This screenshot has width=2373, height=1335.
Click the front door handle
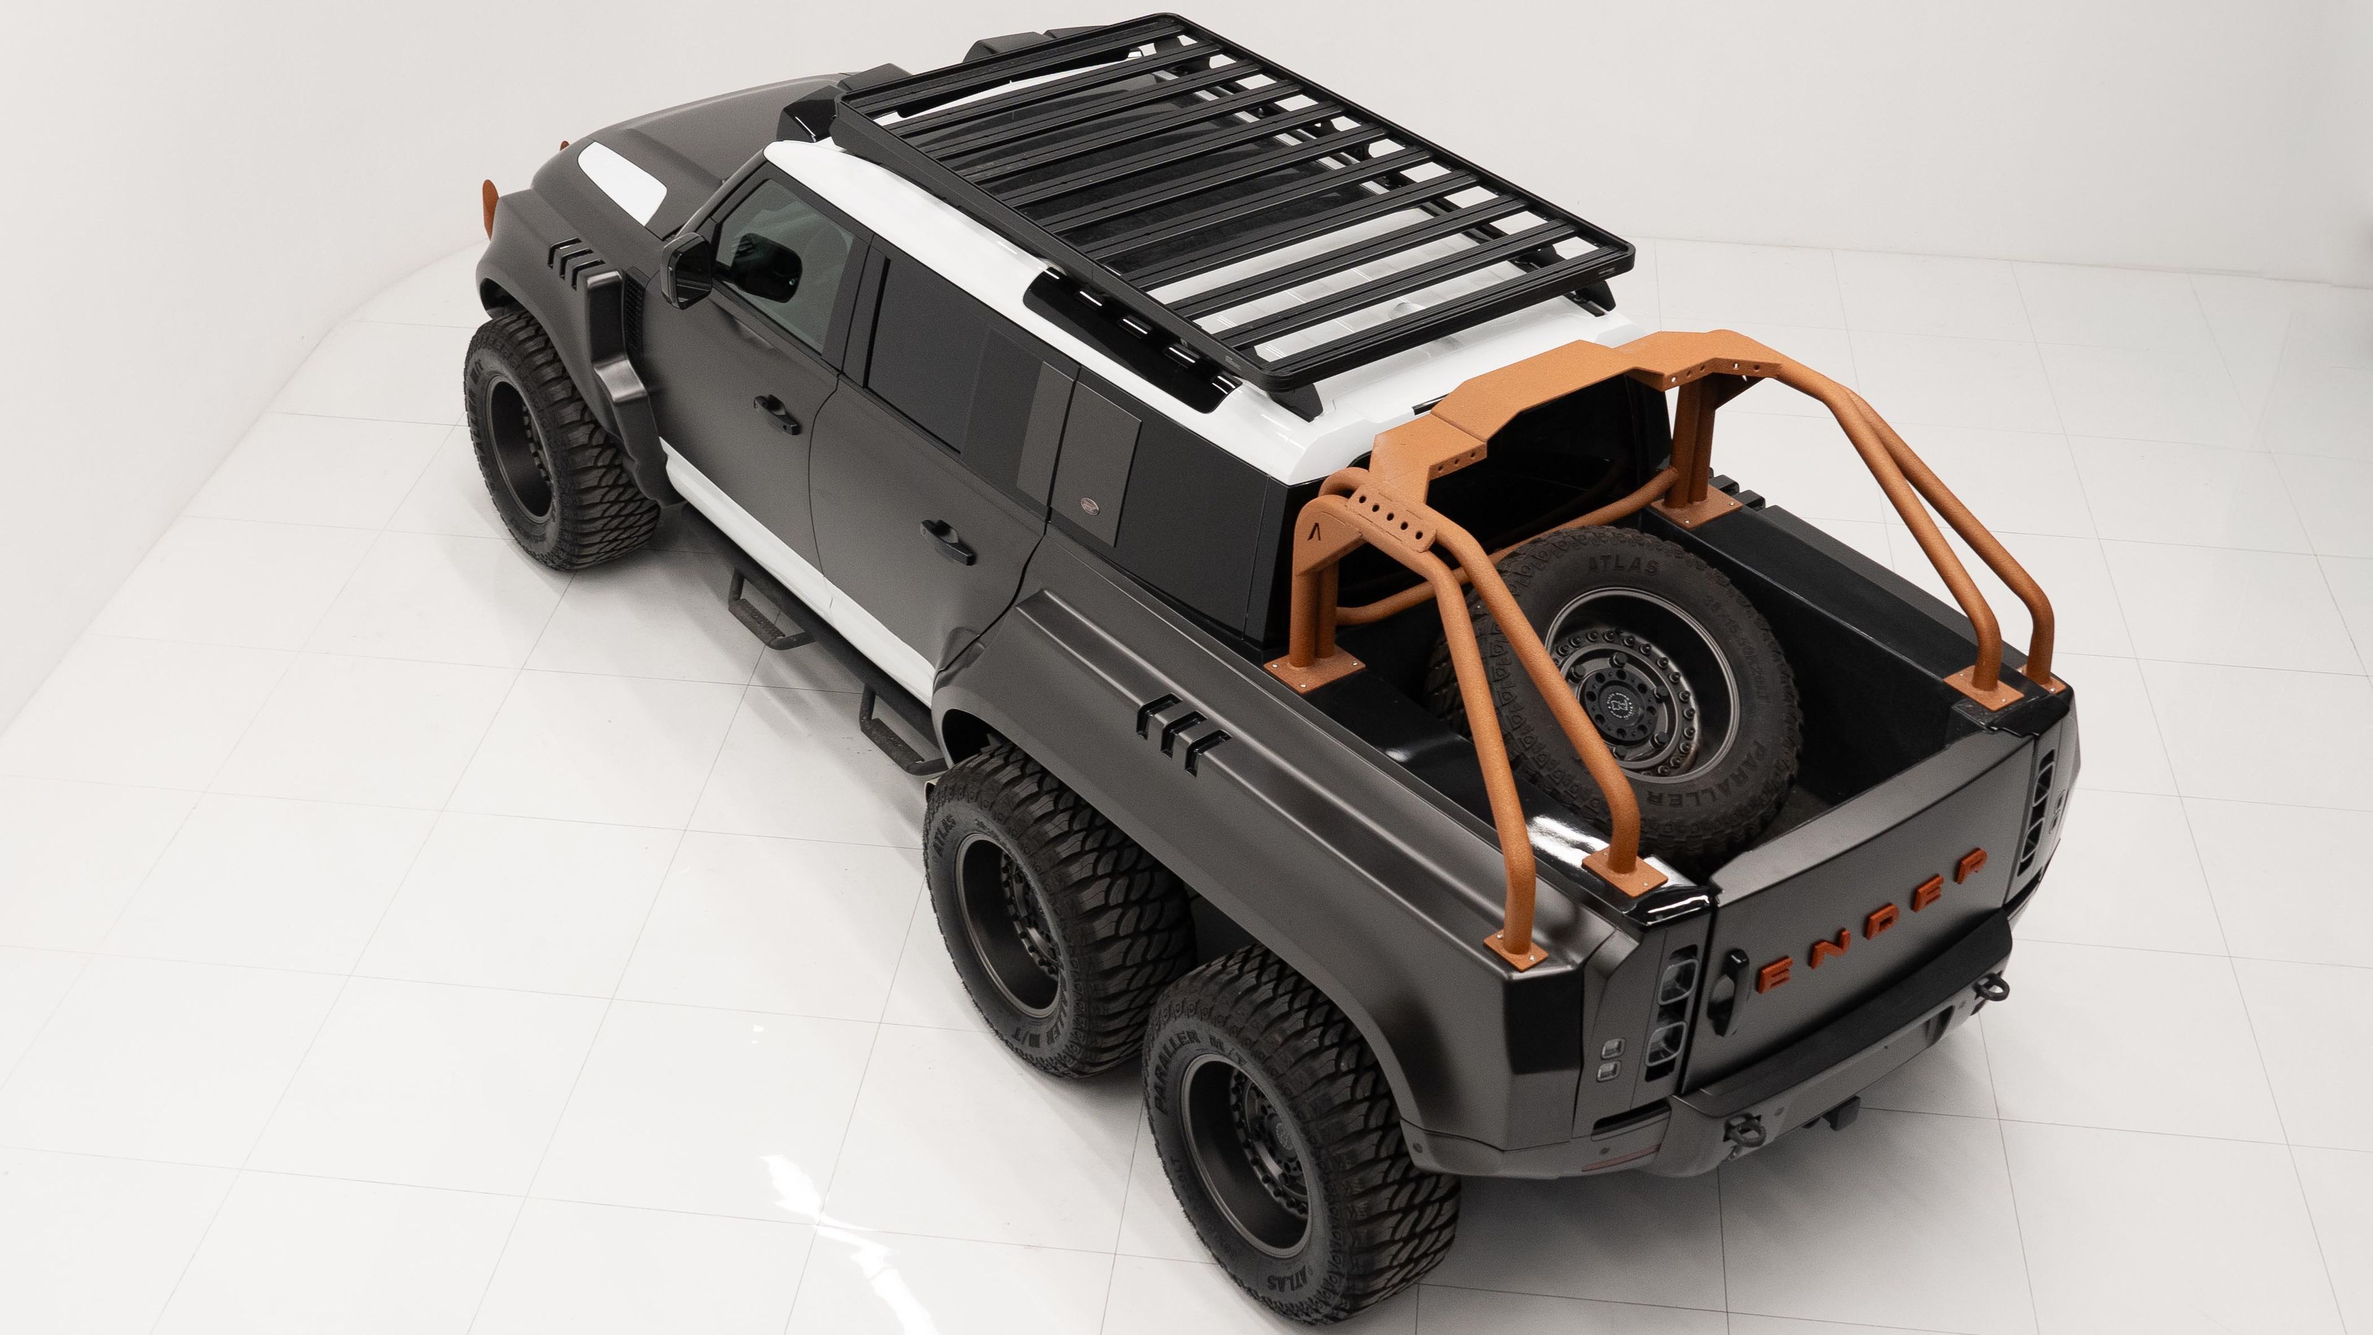tap(777, 412)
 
